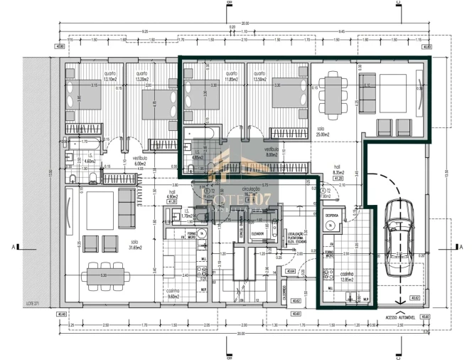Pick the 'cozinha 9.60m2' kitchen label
(x=173, y=293)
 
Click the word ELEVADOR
(x=257, y=233)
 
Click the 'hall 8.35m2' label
(x=338, y=170)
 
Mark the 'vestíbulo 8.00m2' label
(x=271, y=152)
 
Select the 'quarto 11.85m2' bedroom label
(x=230, y=76)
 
